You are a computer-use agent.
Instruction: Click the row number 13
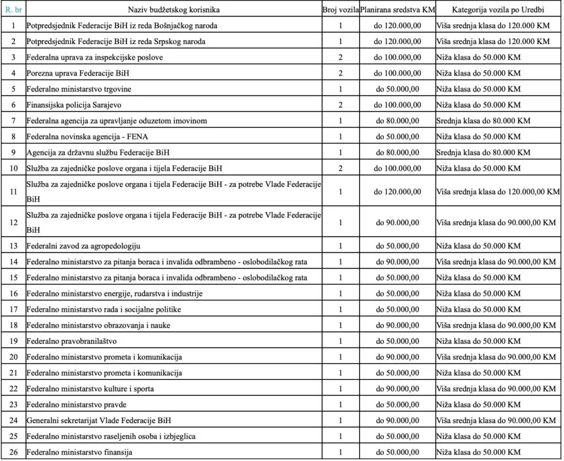(x=13, y=246)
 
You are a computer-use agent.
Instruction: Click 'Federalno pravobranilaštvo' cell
(x=72, y=341)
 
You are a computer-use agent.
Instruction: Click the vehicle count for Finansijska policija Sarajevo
(x=340, y=105)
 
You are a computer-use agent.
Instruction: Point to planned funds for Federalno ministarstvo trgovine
(x=398, y=89)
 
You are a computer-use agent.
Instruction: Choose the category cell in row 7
(x=482, y=121)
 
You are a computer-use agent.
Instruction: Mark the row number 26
(x=13, y=452)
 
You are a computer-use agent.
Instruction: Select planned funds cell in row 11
(x=398, y=192)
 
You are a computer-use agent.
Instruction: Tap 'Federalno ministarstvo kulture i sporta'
(x=90, y=389)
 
